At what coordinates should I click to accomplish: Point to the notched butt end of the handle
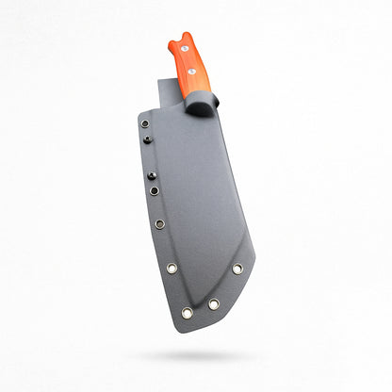(x=179, y=38)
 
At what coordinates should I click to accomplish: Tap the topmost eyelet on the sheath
(x=144, y=123)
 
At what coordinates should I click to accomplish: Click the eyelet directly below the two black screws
(x=155, y=190)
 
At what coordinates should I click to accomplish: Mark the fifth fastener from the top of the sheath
(x=160, y=224)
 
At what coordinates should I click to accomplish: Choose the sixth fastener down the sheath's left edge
(x=171, y=268)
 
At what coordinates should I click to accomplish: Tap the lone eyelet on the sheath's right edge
(x=237, y=269)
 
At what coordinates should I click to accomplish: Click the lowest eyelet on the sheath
(x=188, y=313)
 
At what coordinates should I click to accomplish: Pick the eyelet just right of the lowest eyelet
(x=214, y=304)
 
